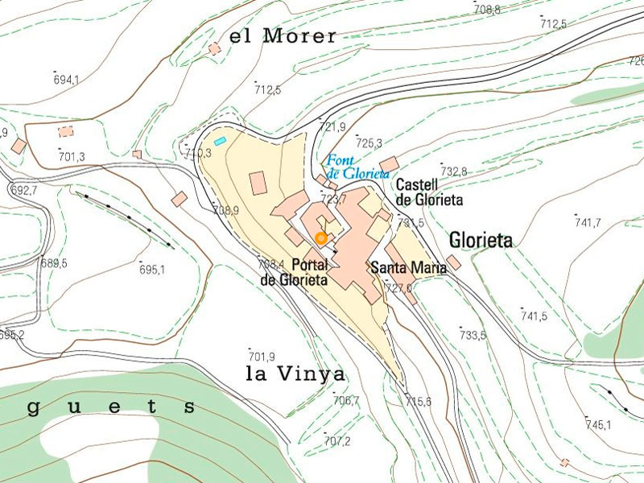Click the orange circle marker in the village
320,238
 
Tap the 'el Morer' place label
283,36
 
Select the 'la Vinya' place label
295,374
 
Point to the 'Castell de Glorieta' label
429,192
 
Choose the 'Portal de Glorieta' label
295,273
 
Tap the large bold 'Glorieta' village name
481,241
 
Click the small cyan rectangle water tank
220,142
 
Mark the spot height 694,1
67,80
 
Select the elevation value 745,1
598,424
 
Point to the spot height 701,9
262,357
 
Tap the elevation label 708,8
487,10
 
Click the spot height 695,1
151,270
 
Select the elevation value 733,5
473,335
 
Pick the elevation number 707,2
337,441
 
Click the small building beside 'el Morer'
214,49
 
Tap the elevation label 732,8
454,171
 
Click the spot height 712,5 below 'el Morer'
267,89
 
